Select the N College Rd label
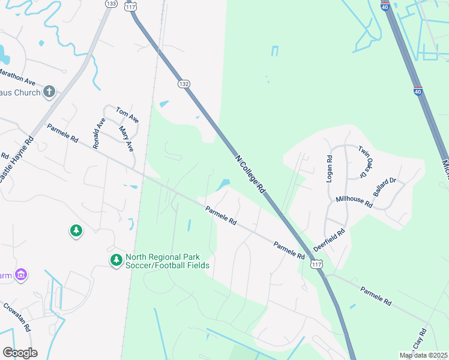(x=250, y=173)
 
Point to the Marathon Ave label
(x=17, y=76)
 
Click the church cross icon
(x=49, y=92)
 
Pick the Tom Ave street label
(x=127, y=115)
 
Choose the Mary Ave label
(x=126, y=139)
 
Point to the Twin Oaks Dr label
(x=366, y=161)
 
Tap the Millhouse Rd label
(x=354, y=202)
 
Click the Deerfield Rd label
(x=330, y=240)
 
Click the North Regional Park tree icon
(x=116, y=260)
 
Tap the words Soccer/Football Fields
(x=167, y=265)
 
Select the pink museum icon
(x=22, y=275)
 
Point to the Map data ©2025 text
(x=424, y=356)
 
